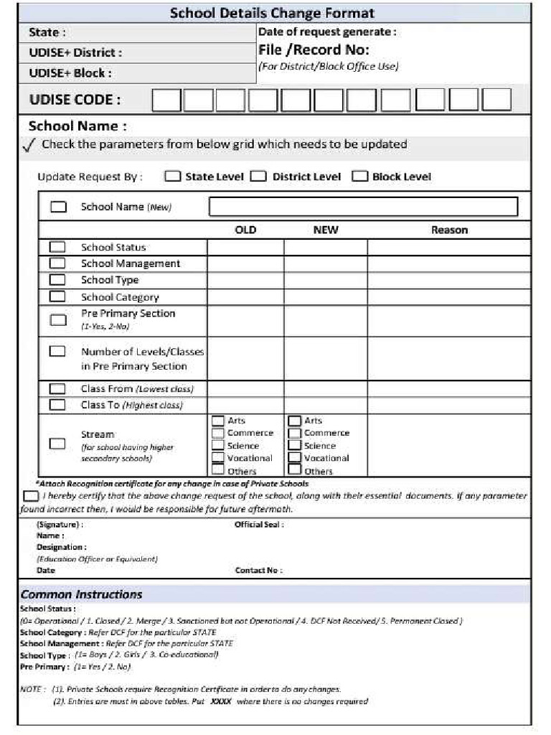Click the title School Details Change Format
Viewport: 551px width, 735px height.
(272, 13)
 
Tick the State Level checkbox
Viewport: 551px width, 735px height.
(172, 177)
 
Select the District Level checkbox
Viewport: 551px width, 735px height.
(258, 177)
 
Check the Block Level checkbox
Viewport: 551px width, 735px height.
(359, 177)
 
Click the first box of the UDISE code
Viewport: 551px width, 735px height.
(166, 100)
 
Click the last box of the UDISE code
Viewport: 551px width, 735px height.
(496, 100)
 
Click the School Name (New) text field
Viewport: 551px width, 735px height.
(363, 207)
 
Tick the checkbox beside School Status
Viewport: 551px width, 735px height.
(57, 247)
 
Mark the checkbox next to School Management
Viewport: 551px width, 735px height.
(57, 263)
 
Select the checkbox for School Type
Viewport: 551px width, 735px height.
(57, 280)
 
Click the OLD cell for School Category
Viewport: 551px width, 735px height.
(245, 297)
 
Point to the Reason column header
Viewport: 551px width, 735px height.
(449, 230)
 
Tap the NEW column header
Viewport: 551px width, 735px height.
(326, 230)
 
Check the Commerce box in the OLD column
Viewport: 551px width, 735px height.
(218, 433)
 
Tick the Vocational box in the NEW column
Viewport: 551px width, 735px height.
(294, 458)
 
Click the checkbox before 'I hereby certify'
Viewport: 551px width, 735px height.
(31, 496)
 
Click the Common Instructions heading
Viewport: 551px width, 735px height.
(81, 594)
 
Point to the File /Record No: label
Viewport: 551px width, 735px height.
(314, 50)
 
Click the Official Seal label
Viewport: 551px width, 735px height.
(259, 525)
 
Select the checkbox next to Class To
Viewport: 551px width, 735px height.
(57, 405)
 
